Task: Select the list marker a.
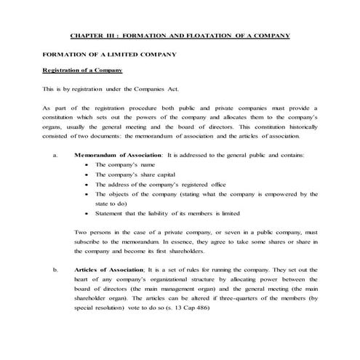(55, 155)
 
